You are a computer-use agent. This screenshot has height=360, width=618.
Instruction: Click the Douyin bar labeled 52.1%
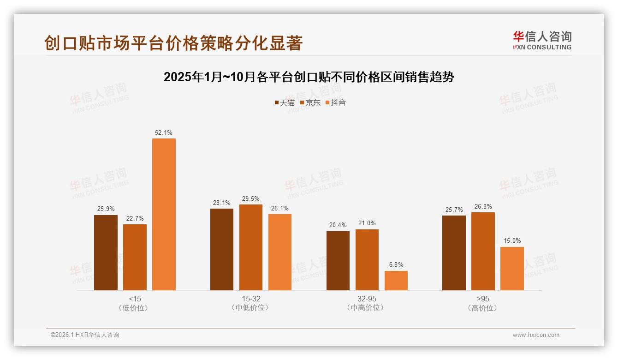point(164,214)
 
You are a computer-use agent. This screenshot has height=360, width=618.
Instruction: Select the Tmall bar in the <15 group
point(106,252)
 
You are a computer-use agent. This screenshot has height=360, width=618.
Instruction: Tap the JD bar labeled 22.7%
point(135,257)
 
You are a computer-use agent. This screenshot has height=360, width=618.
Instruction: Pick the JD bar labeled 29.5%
point(251,247)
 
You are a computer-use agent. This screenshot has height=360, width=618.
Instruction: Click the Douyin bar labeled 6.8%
point(396,281)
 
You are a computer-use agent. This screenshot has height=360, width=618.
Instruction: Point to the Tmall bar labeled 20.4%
point(338,261)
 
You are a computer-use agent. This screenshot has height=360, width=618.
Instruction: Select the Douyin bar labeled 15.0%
point(512,269)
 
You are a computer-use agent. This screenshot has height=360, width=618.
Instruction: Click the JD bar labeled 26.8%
point(483,251)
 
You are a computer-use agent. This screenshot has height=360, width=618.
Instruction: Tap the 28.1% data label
point(222,203)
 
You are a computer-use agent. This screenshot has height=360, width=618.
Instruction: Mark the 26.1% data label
point(280,208)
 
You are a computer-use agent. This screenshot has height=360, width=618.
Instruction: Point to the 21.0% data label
point(367,223)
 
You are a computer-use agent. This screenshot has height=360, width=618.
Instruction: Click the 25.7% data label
point(454,210)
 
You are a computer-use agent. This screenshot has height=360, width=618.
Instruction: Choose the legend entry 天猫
point(285,102)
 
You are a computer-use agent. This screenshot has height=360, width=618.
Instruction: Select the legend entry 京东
point(310,102)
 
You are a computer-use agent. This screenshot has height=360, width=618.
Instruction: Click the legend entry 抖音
point(336,102)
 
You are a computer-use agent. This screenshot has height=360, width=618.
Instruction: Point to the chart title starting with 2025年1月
point(309,77)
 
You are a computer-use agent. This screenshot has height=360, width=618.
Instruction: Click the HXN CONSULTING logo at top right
point(542,41)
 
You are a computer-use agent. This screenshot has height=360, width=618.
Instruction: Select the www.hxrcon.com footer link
point(536,335)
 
